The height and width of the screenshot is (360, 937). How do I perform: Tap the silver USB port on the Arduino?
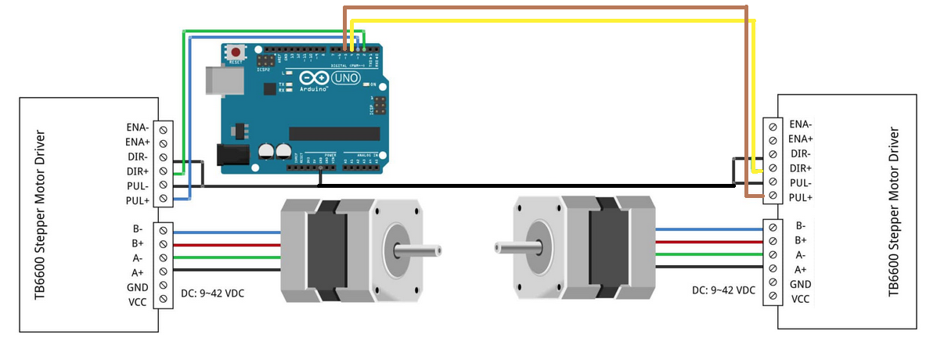[219, 80]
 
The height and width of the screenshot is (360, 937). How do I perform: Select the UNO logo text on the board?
[345, 78]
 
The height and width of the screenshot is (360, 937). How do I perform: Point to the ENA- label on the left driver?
[137, 127]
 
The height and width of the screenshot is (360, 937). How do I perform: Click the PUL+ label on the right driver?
[801, 197]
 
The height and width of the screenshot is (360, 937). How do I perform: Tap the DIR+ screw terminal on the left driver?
[164, 171]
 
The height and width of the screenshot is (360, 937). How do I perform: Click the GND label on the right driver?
[800, 284]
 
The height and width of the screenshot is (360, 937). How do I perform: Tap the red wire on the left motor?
[227, 244]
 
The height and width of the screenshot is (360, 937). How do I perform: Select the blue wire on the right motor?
[708, 229]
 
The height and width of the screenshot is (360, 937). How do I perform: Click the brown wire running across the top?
[548, 7]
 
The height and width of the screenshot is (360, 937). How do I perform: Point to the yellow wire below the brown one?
[548, 21]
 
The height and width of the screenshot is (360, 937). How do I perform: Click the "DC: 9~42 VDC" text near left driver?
[212, 293]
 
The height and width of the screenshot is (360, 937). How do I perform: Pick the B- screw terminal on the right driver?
[773, 227]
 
